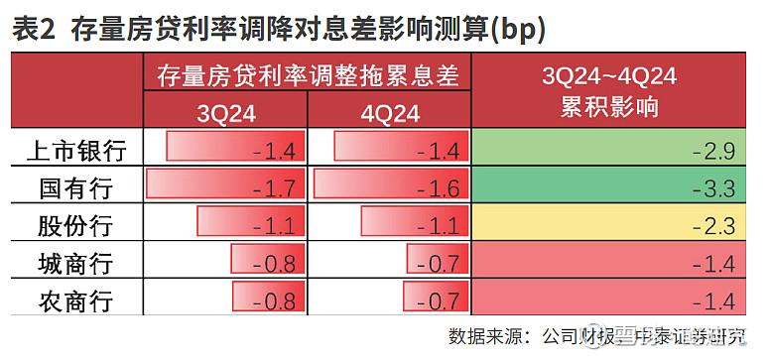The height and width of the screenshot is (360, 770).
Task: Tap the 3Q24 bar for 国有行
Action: (224, 184)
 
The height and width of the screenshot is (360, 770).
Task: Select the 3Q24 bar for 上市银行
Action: (234, 148)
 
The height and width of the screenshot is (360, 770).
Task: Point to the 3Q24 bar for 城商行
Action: (267, 260)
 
